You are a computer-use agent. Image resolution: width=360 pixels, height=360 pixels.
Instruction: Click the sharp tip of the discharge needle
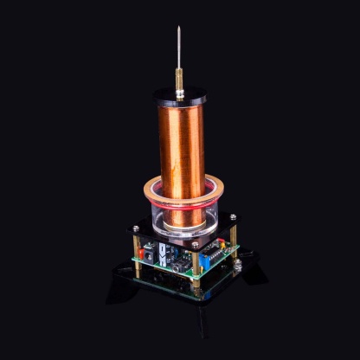tap(179, 28)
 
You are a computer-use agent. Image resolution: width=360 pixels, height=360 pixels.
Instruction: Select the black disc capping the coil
tap(179, 95)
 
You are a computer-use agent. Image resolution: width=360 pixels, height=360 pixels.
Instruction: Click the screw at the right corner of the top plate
tap(232, 216)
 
